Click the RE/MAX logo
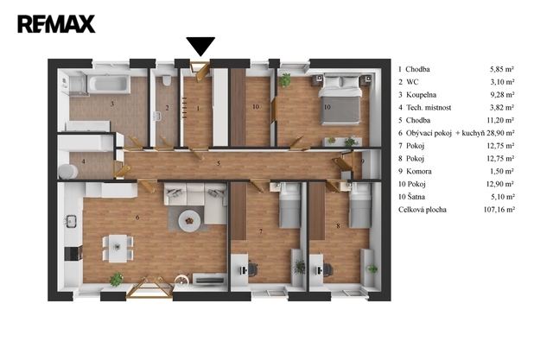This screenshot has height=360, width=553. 56,24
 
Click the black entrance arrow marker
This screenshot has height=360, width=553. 200,47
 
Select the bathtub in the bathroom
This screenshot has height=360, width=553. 109,84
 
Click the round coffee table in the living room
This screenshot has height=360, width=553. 189,221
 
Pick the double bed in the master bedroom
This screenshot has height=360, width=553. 340,99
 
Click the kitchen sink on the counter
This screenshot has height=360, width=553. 71,221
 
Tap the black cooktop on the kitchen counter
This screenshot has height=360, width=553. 73,253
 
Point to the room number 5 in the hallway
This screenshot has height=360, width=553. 219,163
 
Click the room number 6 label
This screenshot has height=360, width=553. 137,218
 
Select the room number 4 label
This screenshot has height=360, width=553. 84,161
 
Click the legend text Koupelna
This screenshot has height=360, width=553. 421,95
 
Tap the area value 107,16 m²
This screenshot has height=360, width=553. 499,210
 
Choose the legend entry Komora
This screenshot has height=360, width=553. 419,171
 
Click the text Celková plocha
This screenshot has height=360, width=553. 423,210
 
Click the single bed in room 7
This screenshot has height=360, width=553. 290,205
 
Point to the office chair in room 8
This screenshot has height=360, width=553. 327,270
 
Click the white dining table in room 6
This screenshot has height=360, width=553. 118,249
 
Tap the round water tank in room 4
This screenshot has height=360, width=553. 68,172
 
